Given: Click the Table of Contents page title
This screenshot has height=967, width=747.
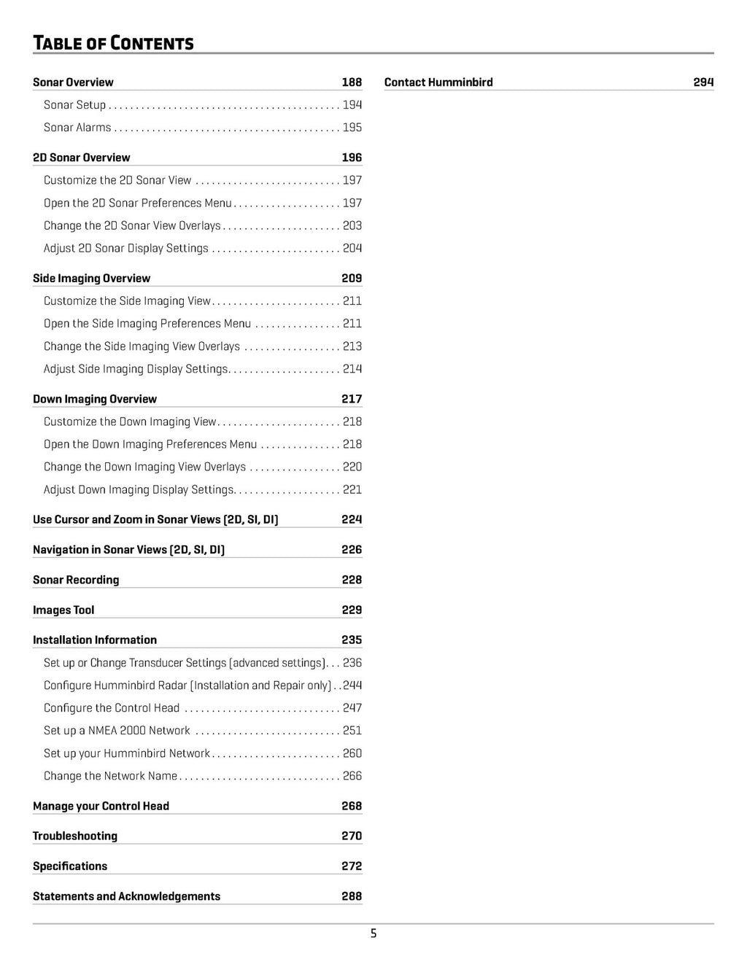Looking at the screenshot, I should [x=113, y=43].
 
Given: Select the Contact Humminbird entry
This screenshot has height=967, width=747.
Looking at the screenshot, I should [x=438, y=82].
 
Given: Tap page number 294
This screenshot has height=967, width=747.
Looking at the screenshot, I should [x=703, y=82].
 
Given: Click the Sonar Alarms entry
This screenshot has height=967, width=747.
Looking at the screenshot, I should [x=77, y=128].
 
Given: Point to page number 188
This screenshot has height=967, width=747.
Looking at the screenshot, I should [x=352, y=82].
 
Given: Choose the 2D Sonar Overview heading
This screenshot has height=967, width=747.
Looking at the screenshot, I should [x=82, y=158].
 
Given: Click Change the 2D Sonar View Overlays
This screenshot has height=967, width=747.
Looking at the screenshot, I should [x=132, y=226].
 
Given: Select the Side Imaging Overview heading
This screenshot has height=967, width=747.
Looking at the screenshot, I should [x=91, y=279].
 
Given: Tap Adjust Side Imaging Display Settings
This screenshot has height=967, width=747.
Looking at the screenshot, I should [x=136, y=369].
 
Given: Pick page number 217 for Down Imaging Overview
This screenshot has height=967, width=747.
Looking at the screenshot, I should [x=352, y=399].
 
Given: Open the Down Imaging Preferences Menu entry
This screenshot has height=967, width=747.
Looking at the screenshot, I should [x=150, y=444].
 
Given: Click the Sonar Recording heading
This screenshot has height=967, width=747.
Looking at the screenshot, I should [x=76, y=580].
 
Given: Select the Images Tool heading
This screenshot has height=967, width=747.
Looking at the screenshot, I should [x=63, y=610].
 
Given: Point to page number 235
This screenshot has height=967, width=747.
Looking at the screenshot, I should [x=352, y=640].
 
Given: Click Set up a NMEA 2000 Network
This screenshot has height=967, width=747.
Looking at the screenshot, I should [x=117, y=731].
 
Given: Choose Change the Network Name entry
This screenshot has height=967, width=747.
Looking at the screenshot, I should [x=110, y=776].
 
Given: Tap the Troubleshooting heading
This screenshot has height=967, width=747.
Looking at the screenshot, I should [x=75, y=836].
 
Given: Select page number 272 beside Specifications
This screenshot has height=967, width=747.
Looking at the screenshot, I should [x=352, y=866].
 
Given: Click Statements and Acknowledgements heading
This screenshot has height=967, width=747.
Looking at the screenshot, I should [x=126, y=896].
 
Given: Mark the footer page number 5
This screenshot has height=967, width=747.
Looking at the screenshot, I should [x=373, y=933].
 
